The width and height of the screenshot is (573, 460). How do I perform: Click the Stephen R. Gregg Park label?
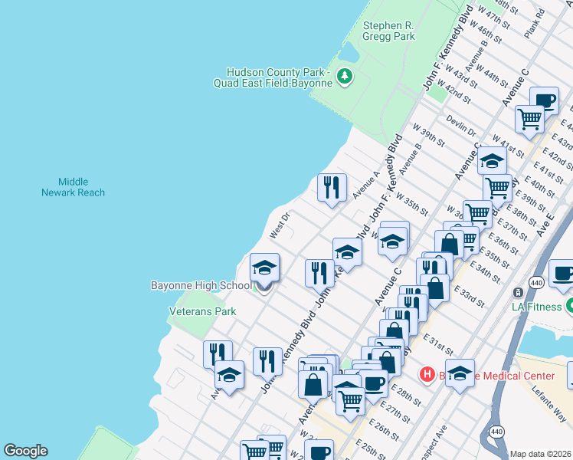[388, 31]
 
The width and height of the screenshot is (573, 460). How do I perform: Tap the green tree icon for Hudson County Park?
[345, 76]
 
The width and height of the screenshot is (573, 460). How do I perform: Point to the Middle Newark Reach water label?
[74, 187]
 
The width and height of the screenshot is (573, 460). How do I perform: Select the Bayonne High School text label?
[201, 286]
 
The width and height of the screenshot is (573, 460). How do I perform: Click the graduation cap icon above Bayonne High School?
[264, 267]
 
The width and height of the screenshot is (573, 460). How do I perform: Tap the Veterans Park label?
[202, 311]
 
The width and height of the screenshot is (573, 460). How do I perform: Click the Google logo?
[25, 451]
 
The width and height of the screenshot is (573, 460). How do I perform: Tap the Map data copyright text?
[541, 454]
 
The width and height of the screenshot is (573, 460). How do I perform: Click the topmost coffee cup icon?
[545, 100]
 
